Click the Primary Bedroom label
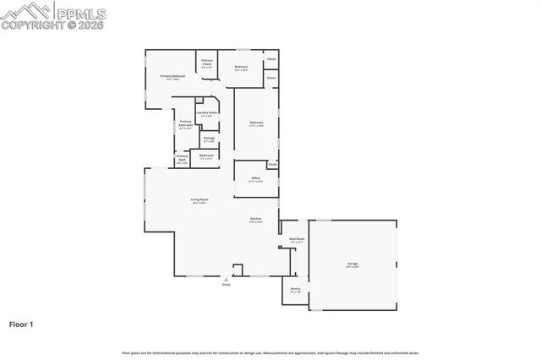[x=172, y=77]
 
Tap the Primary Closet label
[x=207, y=62]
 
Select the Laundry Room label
[x=207, y=113]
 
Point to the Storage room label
[x=208, y=139]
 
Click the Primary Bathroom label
[x=185, y=125]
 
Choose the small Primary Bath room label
[x=182, y=158]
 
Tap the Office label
[x=255, y=179]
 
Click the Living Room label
[x=199, y=200]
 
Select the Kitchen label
[x=255, y=221]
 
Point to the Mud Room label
[x=296, y=240]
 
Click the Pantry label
[x=295, y=290]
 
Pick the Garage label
[x=352, y=265]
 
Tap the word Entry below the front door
[x=226, y=284]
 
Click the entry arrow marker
[x=226, y=277]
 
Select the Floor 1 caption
[x=21, y=324]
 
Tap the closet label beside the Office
[x=272, y=165]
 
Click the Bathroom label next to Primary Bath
[x=206, y=156]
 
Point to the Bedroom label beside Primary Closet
[x=241, y=68]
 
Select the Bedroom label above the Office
[x=256, y=124]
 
